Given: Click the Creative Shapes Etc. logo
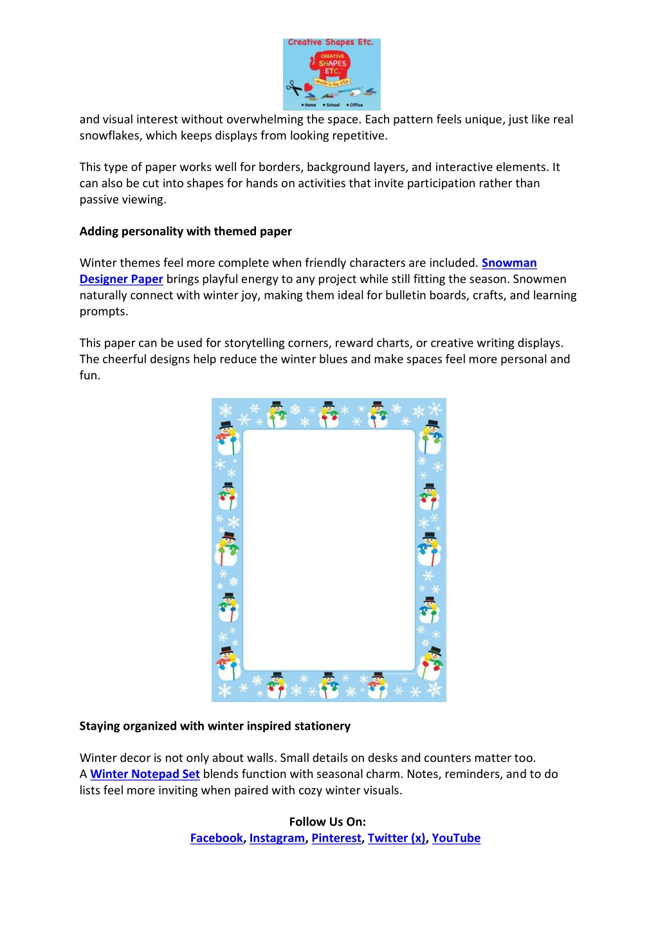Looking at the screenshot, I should (x=332, y=74).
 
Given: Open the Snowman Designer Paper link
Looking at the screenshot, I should (x=509, y=263).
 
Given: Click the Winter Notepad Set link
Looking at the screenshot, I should (x=145, y=774).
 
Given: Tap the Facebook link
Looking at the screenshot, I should (x=216, y=838).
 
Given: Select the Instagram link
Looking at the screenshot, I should (x=277, y=838).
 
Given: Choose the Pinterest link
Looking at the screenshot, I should (x=336, y=838).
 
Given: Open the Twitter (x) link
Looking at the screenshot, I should (x=396, y=838).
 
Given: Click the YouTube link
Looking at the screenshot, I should (x=456, y=838).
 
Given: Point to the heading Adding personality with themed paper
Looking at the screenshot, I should (x=185, y=231).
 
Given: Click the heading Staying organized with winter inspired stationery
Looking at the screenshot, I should (x=215, y=726).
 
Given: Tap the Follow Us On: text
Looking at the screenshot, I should (x=327, y=822).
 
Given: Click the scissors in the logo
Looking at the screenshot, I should (x=294, y=87).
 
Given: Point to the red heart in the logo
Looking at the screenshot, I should (x=308, y=87).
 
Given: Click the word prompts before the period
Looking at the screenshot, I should (x=102, y=312).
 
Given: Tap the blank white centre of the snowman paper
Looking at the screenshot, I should (x=329, y=550).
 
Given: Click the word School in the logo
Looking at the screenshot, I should (x=333, y=105).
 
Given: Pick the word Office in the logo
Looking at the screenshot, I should (x=356, y=105).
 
